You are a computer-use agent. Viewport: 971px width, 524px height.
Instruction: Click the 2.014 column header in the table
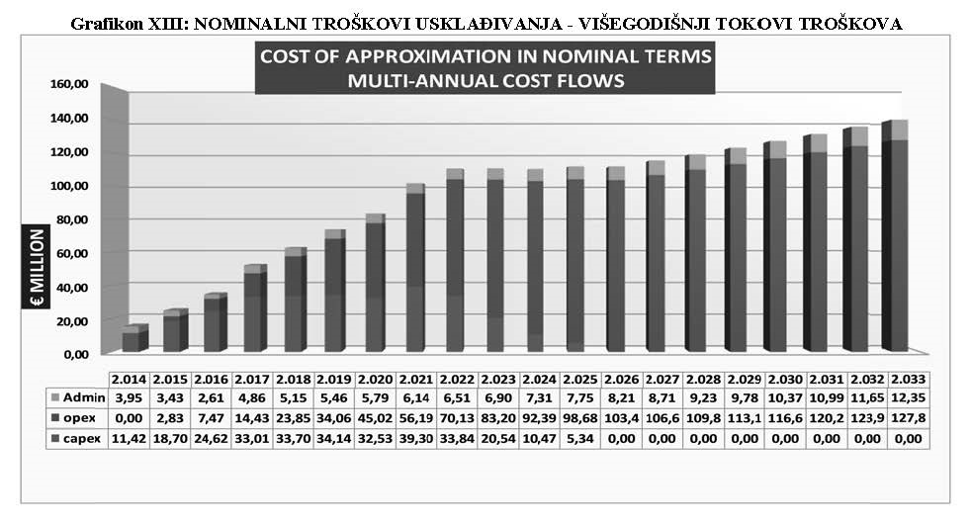point(129,380)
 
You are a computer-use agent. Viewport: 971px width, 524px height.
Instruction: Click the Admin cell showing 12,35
point(910,396)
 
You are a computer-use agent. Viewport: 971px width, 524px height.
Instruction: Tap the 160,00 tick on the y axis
point(69,84)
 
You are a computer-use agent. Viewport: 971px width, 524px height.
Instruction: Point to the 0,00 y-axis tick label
point(75,353)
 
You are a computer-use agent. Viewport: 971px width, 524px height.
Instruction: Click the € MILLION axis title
point(36,268)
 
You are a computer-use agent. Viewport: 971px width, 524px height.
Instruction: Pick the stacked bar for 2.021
point(414,267)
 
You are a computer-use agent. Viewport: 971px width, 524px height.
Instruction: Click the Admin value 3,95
point(129,396)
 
